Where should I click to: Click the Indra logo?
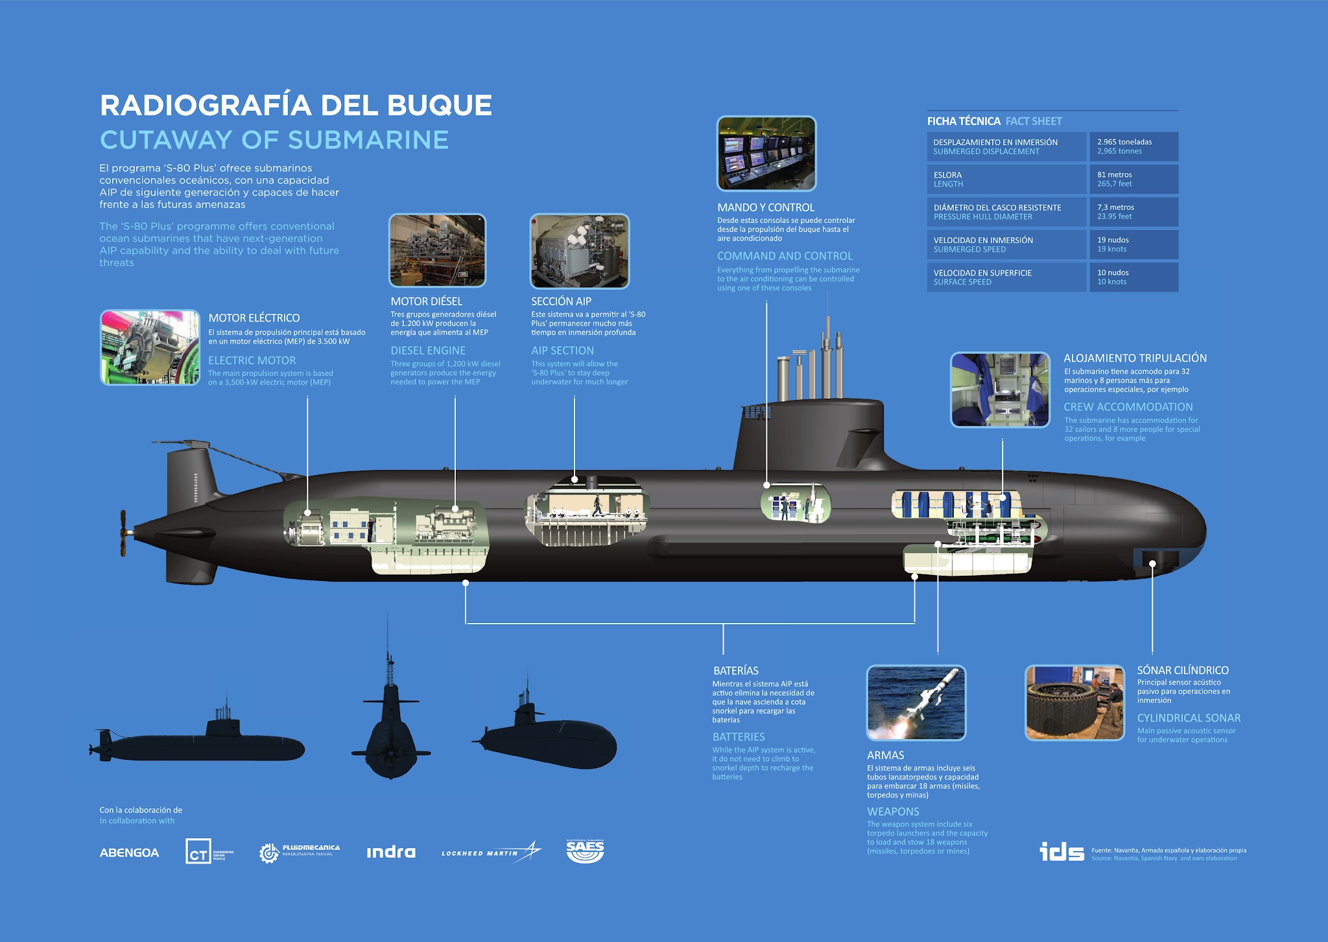pyautogui.click(x=391, y=853)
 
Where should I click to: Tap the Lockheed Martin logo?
pyautogui.click(x=491, y=852)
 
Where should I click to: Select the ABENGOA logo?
pyautogui.click(x=129, y=853)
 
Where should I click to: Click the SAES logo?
pyautogui.click(x=585, y=851)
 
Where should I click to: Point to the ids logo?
pyautogui.click(x=1061, y=851)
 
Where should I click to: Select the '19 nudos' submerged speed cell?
pyautogui.click(x=1134, y=244)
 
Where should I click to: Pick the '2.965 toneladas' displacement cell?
pyautogui.click(x=1134, y=147)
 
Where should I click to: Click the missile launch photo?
pyautogui.click(x=916, y=703)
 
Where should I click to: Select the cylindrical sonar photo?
pyautogui.click(x=1075, y=703)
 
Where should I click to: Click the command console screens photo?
pyautogui.click(x=766, y=154)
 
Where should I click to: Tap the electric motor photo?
pyautogui.click(x=150, y=347)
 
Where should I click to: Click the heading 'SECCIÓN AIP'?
pyautogui.click(x=562, y=301)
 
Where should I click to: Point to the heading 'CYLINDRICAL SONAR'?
pyautogui.click(x=1189, y=718)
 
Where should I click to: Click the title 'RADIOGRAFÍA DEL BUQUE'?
pyautogui.click(x=296, y=106)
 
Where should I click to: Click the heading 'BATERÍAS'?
pyautogui.click(x=736, y=671)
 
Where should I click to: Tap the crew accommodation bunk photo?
pyautogui.click(x=1000, y=390)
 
